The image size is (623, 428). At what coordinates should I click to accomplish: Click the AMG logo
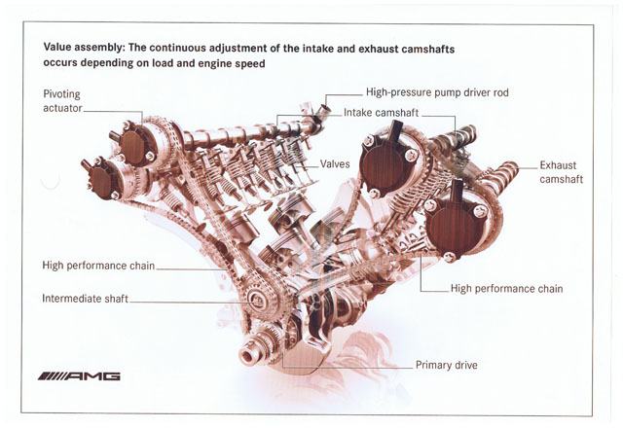(x=80, y=375)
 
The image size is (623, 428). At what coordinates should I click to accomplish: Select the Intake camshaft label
(x=384, y=113)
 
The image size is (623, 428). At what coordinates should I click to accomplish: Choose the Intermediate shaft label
(x=85, y=298)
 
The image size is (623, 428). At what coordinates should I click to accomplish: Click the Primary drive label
(x=446, y=366)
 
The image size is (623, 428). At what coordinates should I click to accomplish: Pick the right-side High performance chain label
(x=507, y=289)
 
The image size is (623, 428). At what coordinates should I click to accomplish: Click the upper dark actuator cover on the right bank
(x=383, y=164)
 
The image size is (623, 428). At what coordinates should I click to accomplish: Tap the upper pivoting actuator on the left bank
(x=133, y=144)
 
